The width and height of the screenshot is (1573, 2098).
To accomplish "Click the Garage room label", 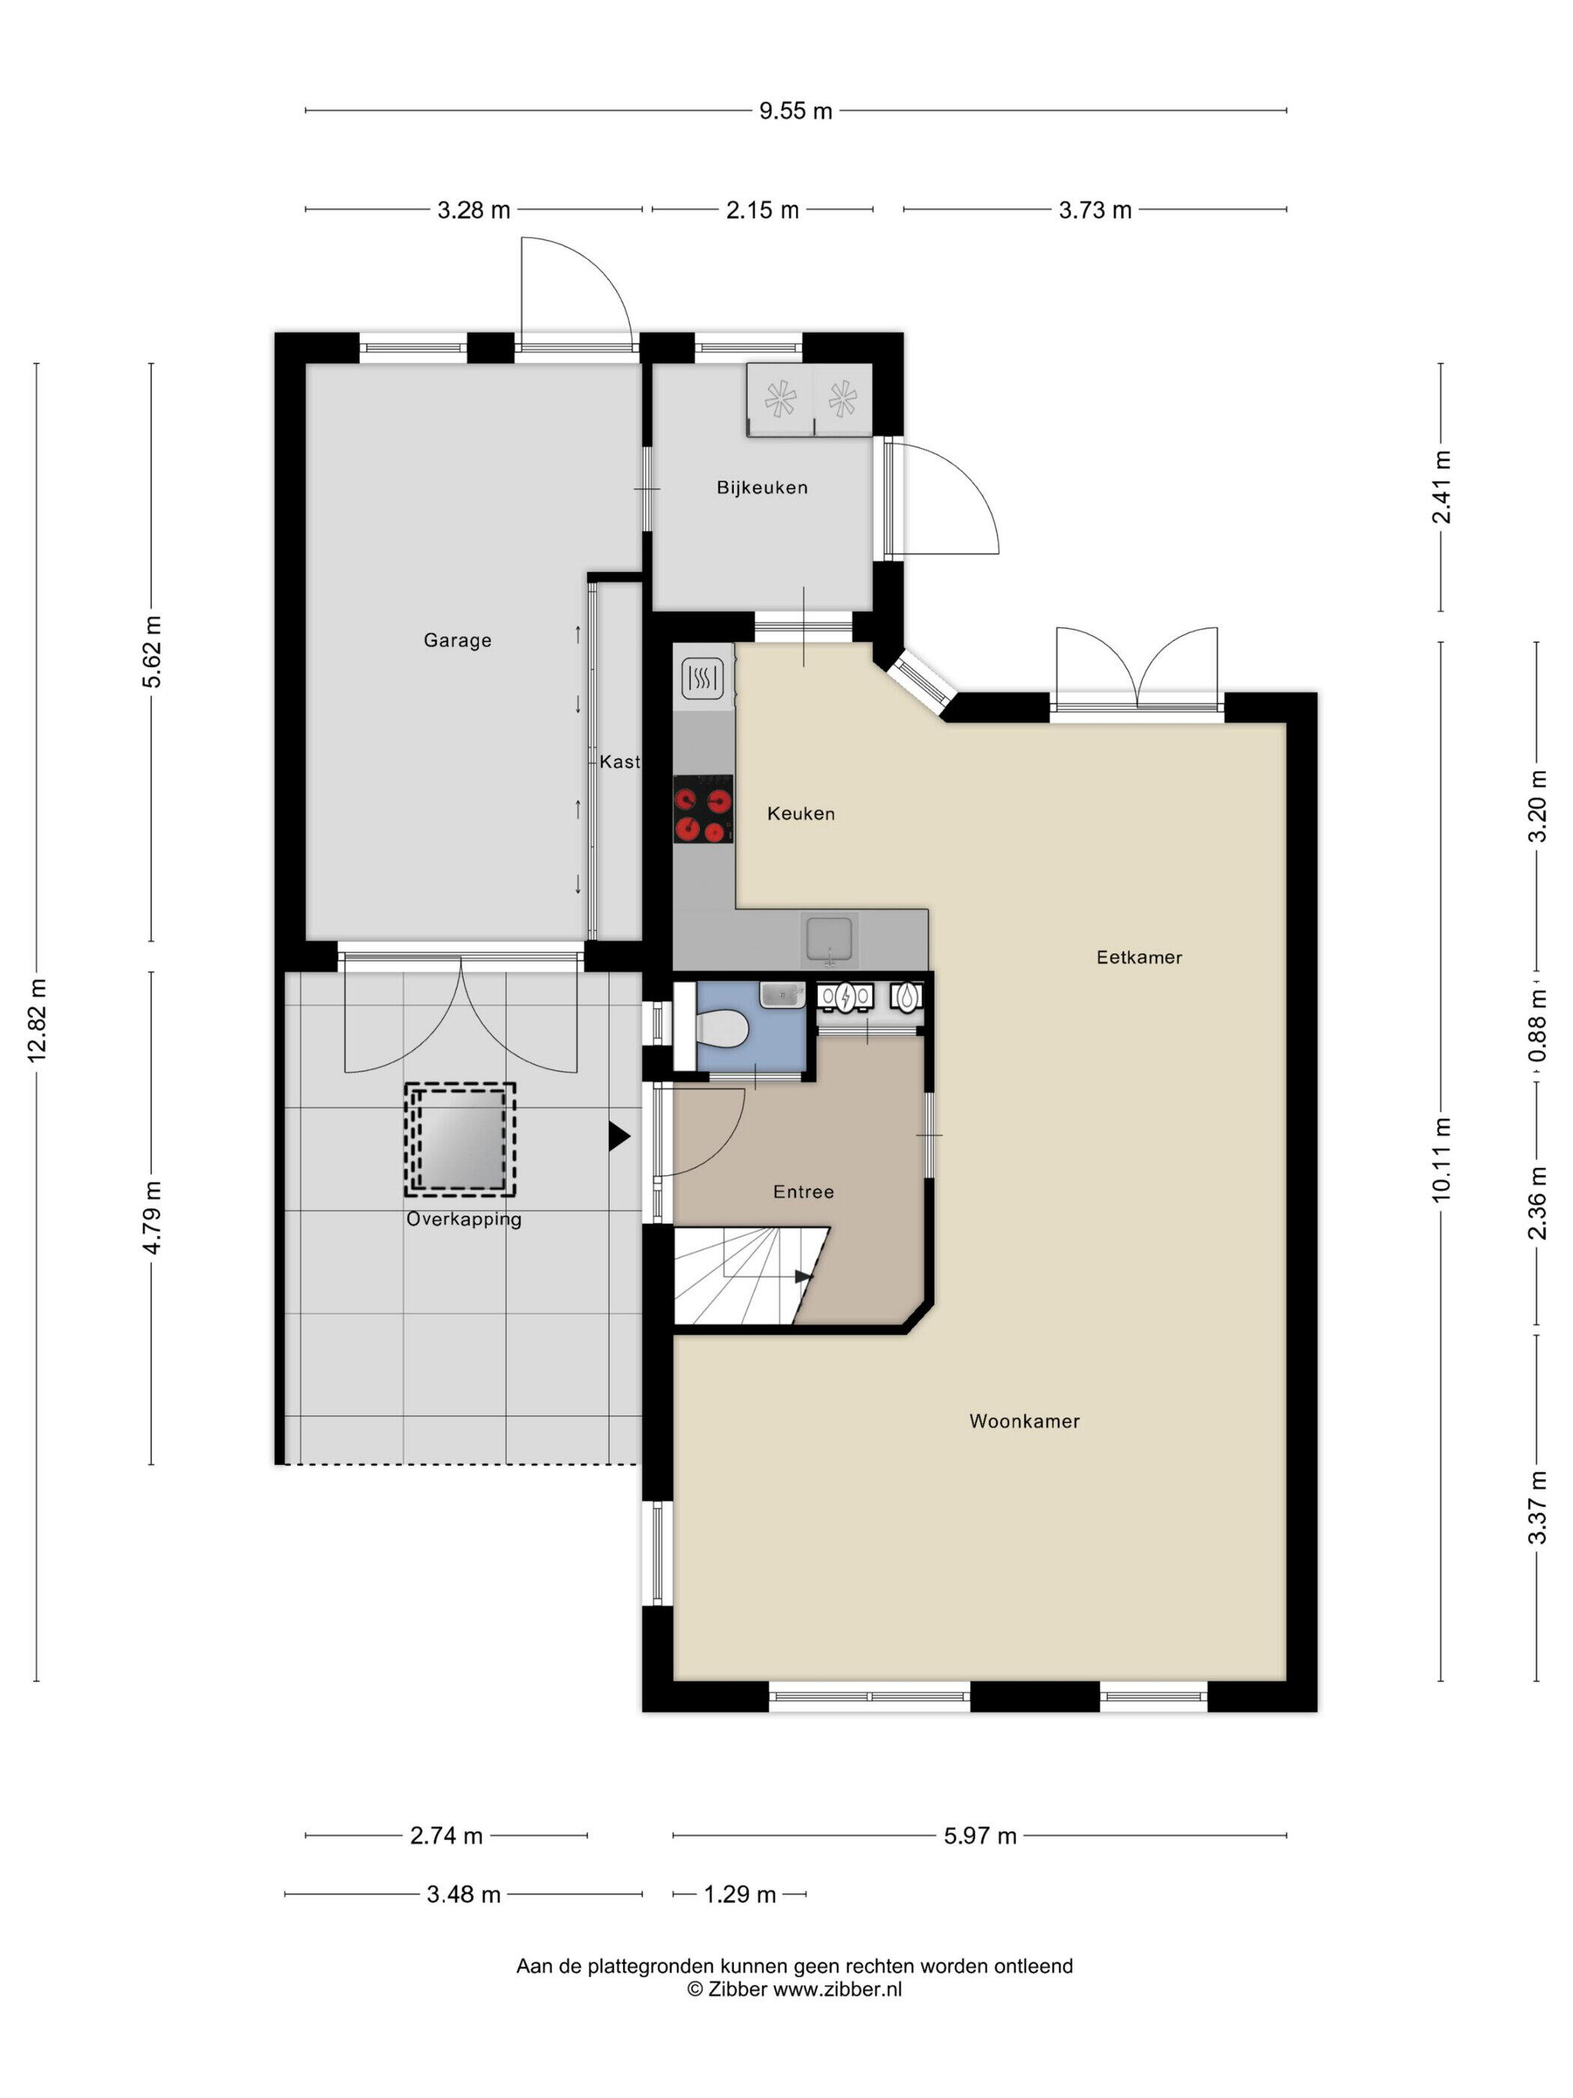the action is pos(457,640).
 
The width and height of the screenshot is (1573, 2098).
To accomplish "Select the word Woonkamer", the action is pos(1024,1421).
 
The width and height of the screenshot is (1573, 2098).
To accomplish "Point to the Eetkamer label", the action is pos(1139,957).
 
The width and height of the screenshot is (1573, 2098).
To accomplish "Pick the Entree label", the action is pos(803,1191).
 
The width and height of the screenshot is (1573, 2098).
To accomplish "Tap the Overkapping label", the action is pos(464,1220).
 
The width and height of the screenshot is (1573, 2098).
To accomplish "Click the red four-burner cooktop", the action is pos(703,809).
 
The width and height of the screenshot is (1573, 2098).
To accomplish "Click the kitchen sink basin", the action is pos(831,938).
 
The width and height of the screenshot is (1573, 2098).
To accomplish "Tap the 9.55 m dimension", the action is pos(795,111).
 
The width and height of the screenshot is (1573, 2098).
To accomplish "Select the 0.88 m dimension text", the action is pos(1536,1027).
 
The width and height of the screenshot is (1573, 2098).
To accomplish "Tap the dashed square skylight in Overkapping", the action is pos(461,1139).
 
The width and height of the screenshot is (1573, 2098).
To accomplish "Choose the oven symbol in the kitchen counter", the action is pos(703,677).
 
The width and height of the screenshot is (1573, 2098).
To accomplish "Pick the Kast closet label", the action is pos(619,761).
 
